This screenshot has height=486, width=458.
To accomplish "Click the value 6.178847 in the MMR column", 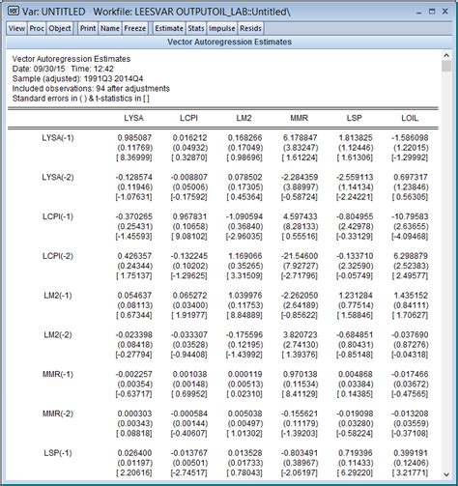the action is (x=296, y=139).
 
